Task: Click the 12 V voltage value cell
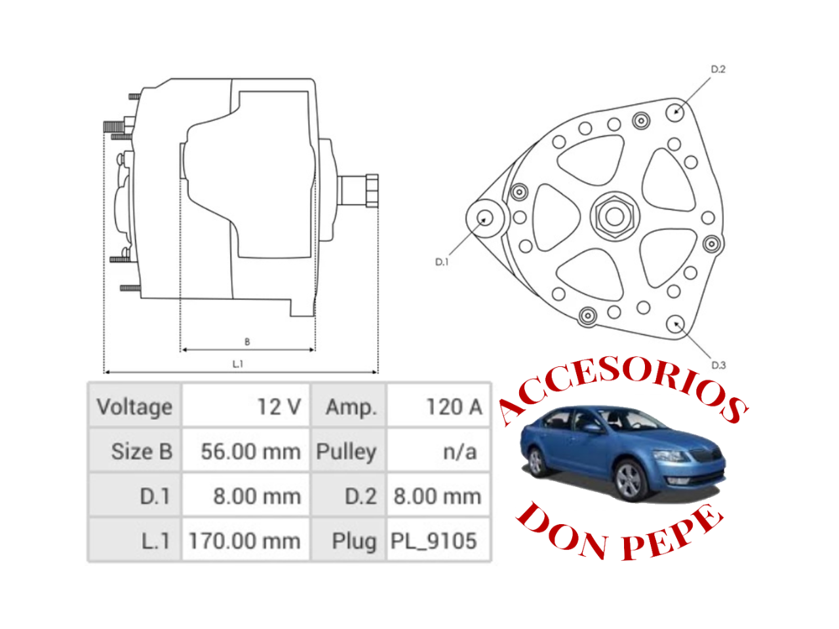[x=246, y=406]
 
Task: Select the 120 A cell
[x=439, y=406]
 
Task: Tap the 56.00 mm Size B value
[x=246, y=451]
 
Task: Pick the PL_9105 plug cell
[x=439, y=541]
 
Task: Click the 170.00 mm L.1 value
[x=246, y=541]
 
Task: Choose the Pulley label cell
[x=348, y=451]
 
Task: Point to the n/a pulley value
[x=439, y=451]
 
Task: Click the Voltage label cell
[x=135, y=406]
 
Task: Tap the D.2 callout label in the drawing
[x=718, y=69]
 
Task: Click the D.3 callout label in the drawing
[x=718, y=365]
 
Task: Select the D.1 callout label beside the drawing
[x=442, y=261]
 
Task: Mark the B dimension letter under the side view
[x=247, y=341]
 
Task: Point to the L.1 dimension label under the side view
[x=237, y=364]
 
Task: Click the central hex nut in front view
[x=614, y=216]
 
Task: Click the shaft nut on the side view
[x=372, y=191]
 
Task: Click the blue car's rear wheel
[x=536, y=462]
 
